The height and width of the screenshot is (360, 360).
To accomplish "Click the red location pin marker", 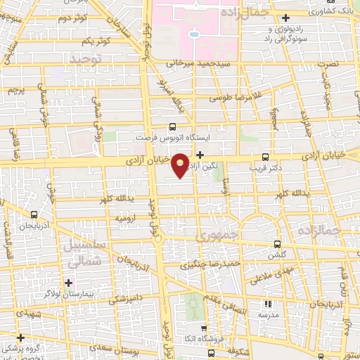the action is (x=181, y=165).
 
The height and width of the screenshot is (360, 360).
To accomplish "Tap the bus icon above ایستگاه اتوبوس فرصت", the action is (x=173, y=127).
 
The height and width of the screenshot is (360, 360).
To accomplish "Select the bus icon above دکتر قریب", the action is (x=265, y=157).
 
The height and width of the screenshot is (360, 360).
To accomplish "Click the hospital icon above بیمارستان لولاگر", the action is (x=67, y=282).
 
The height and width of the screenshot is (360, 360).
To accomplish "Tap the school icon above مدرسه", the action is (x=267, y=304).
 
